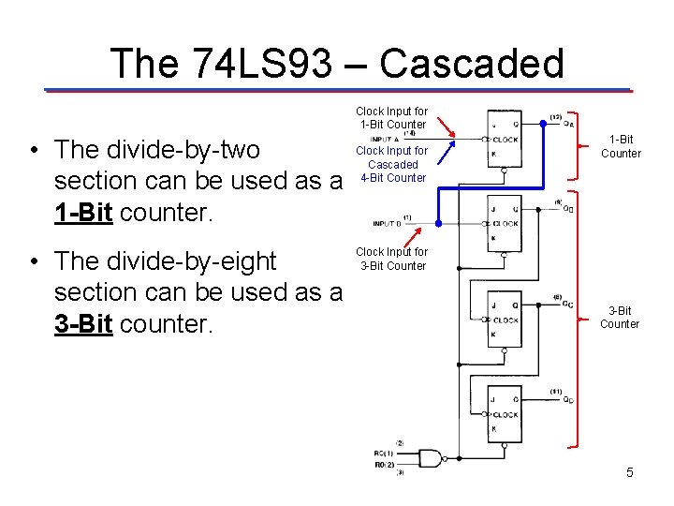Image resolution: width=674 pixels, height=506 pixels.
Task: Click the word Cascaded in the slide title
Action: (x=472, y=64)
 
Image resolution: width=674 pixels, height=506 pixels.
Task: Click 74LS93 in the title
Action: (x=261, y=64)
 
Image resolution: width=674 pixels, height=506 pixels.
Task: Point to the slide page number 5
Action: (x=630, y=472)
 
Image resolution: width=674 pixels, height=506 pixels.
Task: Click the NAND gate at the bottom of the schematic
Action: (x=430, y=458)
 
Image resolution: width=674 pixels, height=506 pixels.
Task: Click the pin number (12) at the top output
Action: (x=555, y=117)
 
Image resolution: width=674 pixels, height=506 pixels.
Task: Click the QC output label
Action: (x=568, y=304)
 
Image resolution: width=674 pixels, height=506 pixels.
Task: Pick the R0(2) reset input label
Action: (x=385, y=464)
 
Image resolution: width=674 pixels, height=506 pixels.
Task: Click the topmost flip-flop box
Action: (x=504, y=140)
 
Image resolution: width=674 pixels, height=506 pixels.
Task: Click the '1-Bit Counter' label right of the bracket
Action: (x=621, y=147)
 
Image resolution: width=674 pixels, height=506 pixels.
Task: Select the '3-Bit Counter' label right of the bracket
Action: (x=620, y=318)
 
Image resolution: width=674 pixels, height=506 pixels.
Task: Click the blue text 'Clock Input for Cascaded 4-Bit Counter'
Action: (x=392, y=164)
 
